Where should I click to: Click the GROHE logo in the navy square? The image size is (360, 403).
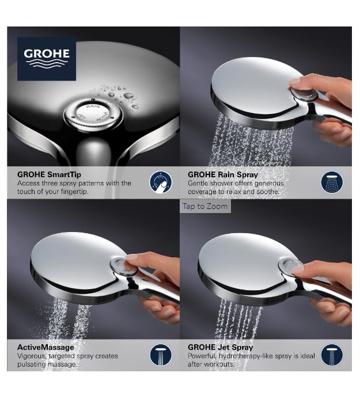[x=47, y=59]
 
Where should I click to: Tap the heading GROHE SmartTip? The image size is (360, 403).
[x=49, y=175]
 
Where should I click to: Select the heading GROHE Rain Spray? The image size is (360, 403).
[x=223, y=175]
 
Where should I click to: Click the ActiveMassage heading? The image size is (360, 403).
[x=46, y=348]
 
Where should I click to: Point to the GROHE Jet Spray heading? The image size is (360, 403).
[x=221, y=348]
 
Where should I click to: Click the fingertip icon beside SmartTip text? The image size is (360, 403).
[x=161, y=183]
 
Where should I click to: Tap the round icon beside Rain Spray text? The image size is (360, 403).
[x=332, y=183]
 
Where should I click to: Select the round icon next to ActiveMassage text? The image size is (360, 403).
[x=161, y=355]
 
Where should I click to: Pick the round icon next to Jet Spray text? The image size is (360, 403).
[x=332, y=355]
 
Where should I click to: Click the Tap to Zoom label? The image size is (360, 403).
[x=205, y=206]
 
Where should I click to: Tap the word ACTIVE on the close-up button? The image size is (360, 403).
[x=103, y=116]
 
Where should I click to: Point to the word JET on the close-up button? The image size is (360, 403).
[x=82, y=117]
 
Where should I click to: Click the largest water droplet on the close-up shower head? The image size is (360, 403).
[x=128, y=96]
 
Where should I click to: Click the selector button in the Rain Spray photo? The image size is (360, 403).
[x=304, y=94]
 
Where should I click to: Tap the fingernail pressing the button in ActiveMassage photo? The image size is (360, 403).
[x=132, y=257]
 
